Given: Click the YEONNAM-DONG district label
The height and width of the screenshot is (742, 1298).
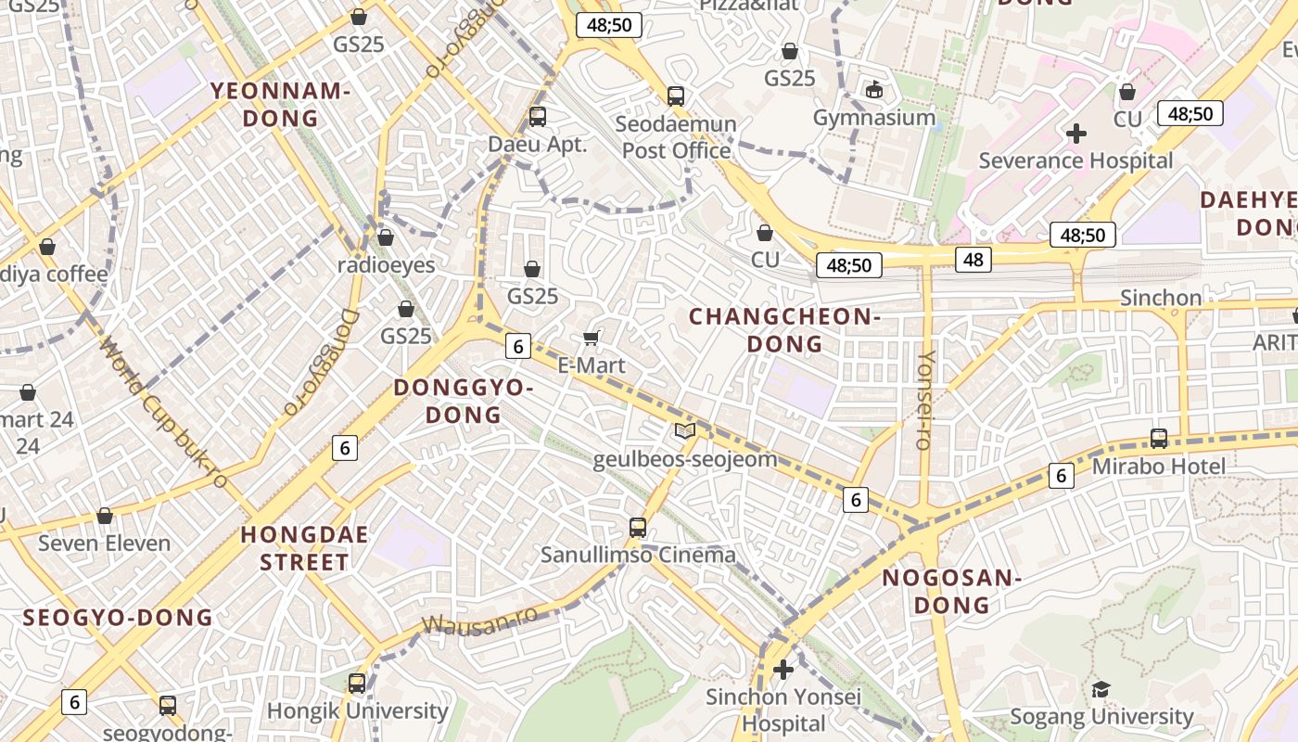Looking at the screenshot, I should click(280, 105).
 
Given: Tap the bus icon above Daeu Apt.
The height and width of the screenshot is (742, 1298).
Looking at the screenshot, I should click(537, 117).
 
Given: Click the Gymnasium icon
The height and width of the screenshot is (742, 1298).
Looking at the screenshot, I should click(873, 90).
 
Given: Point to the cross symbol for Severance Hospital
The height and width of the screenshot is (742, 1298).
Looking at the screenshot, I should click(1075, 134).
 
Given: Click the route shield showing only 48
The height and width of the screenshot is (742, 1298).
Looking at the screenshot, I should click(973, 260).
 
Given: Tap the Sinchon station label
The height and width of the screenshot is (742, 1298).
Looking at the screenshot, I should click(1160, 298).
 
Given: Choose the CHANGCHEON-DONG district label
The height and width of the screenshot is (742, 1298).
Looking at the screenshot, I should click(784, 330).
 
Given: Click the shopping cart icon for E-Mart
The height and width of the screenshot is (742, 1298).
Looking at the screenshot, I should click(592, 339).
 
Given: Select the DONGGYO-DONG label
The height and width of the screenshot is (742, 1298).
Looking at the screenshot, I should click(464, 401).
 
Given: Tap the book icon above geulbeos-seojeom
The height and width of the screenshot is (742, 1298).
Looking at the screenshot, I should click(685, 430).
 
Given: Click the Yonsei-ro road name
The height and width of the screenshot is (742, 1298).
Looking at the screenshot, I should click(924, 399).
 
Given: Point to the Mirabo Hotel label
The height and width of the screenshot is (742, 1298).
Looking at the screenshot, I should click(1158, 466).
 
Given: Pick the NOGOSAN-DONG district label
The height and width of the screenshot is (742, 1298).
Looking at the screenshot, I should click(950, 592).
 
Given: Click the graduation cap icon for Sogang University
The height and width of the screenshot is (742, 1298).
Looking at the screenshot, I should click(1101, 689).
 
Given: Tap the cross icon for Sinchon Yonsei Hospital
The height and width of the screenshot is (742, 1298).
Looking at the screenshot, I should click(783, 669).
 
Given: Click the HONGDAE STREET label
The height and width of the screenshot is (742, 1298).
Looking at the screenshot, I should click(304, 548).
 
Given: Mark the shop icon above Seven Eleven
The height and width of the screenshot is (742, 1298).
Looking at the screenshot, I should click(105, 516).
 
